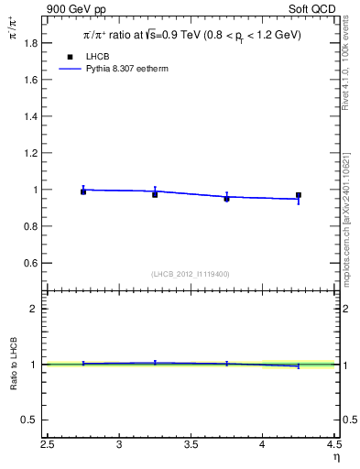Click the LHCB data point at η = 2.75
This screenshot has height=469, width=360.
click(x=83, y=191)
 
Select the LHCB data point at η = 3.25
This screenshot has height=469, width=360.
click(x=155, y=194)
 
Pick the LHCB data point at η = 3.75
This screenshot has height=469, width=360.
click(x=226, y=198)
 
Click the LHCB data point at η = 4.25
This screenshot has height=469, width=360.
click(x=299, y=195)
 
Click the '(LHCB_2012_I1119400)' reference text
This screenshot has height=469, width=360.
click(x=191, y=274)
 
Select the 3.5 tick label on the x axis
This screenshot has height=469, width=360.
click(x=191, y=445)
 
